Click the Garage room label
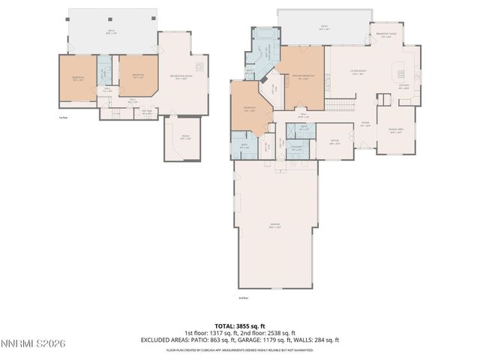[275, 225]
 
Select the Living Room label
[358, 73]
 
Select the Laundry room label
[296, 148]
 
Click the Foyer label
[366, 124]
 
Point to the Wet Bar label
[147, 112]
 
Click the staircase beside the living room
[340, 103]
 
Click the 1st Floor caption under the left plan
[63, 117]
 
